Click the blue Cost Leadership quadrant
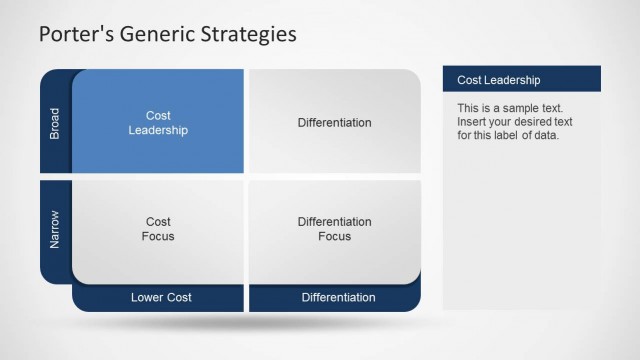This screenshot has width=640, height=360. (158, 122)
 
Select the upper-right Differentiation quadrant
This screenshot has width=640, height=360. (334, 122)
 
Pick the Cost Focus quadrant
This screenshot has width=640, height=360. (158, 229)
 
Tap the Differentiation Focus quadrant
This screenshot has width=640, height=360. (334, 229)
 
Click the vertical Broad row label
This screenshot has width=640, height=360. (55, 122)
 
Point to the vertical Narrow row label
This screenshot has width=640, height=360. (55, 229)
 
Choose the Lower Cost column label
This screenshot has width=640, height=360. (160, 297)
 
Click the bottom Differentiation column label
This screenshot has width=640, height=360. (338, 297)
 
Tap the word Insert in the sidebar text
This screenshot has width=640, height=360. (472, 121)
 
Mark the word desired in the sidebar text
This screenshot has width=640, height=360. (538, 121)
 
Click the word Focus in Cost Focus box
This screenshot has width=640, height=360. (158, 236)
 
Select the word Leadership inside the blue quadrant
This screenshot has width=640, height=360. (158, 130)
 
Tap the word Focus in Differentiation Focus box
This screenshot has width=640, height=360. (334, 236)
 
